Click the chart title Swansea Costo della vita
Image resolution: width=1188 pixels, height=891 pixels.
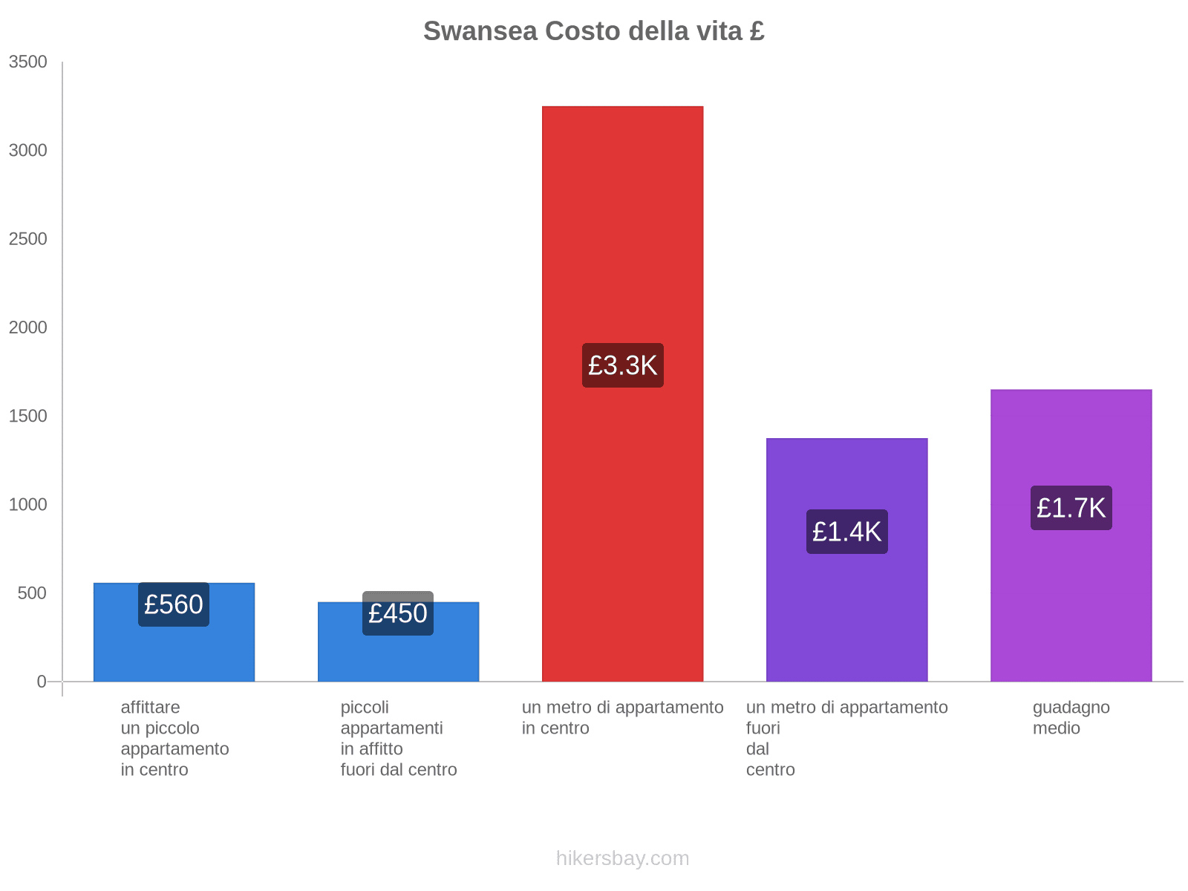pyautogui.click(x=593, y=31)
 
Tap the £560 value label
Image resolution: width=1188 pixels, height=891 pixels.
pyautogui.click(x=174, y=604)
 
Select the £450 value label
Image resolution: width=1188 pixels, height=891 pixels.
pyautogui.click(x=398, y=613)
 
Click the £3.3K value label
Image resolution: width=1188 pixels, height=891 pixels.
pyautogui.click(x=622, y=365)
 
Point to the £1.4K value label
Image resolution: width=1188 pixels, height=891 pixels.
pyautogui.click(x=846, y=532)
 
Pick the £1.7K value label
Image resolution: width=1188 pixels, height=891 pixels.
pyautogui.click(x=1071, y=508)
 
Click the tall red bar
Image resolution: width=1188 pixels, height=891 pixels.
pyautogui.click(x=622, y=223)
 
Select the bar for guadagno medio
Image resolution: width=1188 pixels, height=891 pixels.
pyautogui.click(x=1071, y=594)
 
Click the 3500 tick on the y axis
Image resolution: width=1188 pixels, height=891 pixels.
pyautogui.click(x=28, y=62)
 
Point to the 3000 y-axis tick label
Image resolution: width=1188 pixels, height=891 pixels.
pyautogui.click(x=28, y=151)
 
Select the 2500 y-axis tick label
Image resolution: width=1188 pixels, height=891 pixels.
pyautogui.click(x=28, y=239)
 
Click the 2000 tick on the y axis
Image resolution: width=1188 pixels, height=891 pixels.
pyautogui.click(x=28, y=327)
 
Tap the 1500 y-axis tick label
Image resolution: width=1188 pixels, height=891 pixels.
pyautogui.click(x=28, y=416)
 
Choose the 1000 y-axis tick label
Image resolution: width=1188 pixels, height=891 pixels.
pyautogui.click(x=28, y=505)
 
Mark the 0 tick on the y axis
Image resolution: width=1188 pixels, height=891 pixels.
pyautogui.click(x=42, y=682)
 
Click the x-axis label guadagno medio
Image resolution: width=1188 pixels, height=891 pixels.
pyautogui.click(x=1071, y=717)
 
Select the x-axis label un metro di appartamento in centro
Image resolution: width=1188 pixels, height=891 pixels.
pyautogui.click(x=622, y=717)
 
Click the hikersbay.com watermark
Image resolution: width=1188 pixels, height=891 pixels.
pyautogui.click(x=622, y=858)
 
